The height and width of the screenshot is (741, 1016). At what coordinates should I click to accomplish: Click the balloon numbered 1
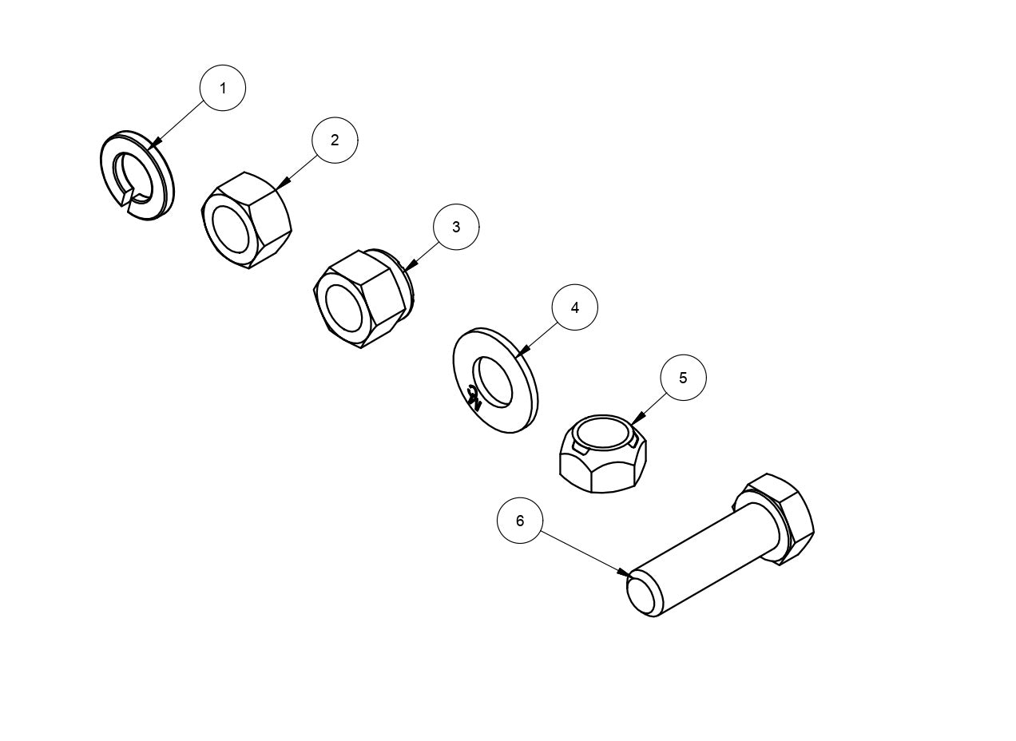click(x=223, y=88)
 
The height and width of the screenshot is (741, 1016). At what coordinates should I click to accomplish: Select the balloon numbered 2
click(x=335, y=140)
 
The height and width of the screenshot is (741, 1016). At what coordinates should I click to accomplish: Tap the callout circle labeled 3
click(x=456, y=227)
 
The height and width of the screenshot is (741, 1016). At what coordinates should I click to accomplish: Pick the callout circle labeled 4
click(x=574, y=307)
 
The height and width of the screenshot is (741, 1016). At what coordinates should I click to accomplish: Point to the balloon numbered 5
click(x=684, y=378)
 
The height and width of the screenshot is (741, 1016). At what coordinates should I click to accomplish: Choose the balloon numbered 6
click(x=520, y=521)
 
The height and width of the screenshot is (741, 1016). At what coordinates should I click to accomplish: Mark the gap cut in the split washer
click(x=129, y=200)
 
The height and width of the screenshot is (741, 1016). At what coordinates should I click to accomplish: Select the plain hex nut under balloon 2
click(x=246, y=220)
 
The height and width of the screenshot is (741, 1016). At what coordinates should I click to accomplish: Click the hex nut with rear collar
click(x=363, y=299)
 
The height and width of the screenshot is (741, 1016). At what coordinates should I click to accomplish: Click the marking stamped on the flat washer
click(x=474, y=398)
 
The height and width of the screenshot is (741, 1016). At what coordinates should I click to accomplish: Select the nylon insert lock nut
click(x=603, y=454)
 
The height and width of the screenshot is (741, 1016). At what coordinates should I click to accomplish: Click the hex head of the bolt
click(x=780, y=518)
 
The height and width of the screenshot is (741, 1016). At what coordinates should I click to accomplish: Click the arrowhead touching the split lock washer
click(x=154, y=142)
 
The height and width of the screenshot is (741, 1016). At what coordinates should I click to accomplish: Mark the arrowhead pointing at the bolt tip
click(x=624, y=572)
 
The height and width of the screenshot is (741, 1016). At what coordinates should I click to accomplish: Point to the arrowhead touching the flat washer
click(x=523, y=351)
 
